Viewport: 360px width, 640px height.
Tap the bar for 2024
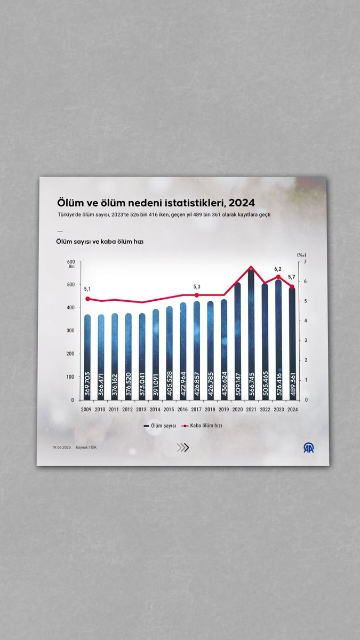coord(292,341)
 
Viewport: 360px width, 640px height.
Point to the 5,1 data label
coord(87,289)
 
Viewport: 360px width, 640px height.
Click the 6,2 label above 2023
coord(278,269)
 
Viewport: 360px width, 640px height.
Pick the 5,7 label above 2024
coord(292,277)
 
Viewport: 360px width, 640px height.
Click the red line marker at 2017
coord(197,295)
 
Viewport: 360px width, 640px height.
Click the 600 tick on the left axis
coord(71,261)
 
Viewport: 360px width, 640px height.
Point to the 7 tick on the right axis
coord(305,262)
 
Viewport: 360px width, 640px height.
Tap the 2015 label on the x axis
coord(169,410)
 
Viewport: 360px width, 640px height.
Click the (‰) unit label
coord(301,254)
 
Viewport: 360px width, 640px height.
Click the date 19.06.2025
coord(62,447)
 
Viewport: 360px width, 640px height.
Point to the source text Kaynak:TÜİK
coord(86,447)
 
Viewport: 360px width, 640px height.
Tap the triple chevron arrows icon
coord(183,448)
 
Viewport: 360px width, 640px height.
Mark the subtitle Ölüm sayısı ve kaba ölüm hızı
coord(100,242)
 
